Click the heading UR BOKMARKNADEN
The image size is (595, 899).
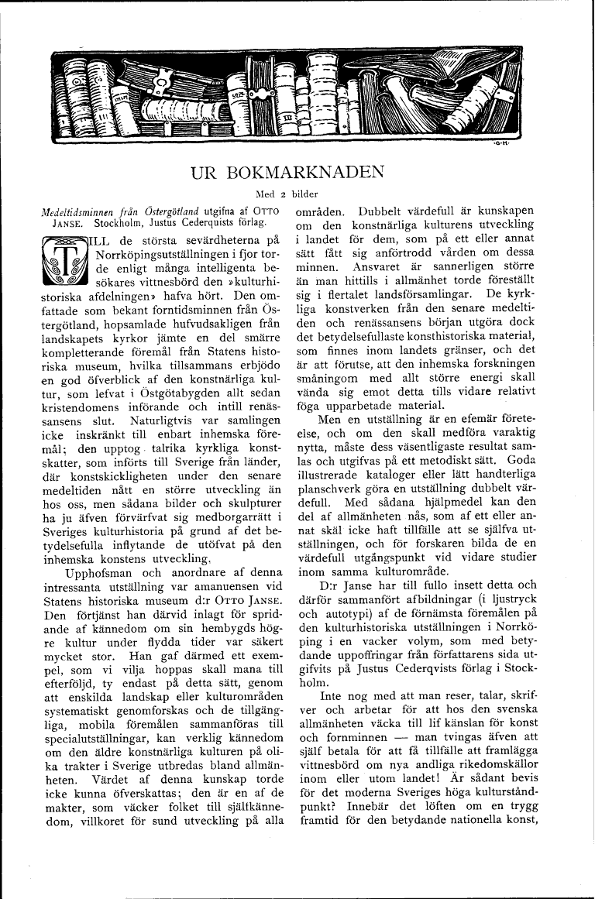pos(297,172)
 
